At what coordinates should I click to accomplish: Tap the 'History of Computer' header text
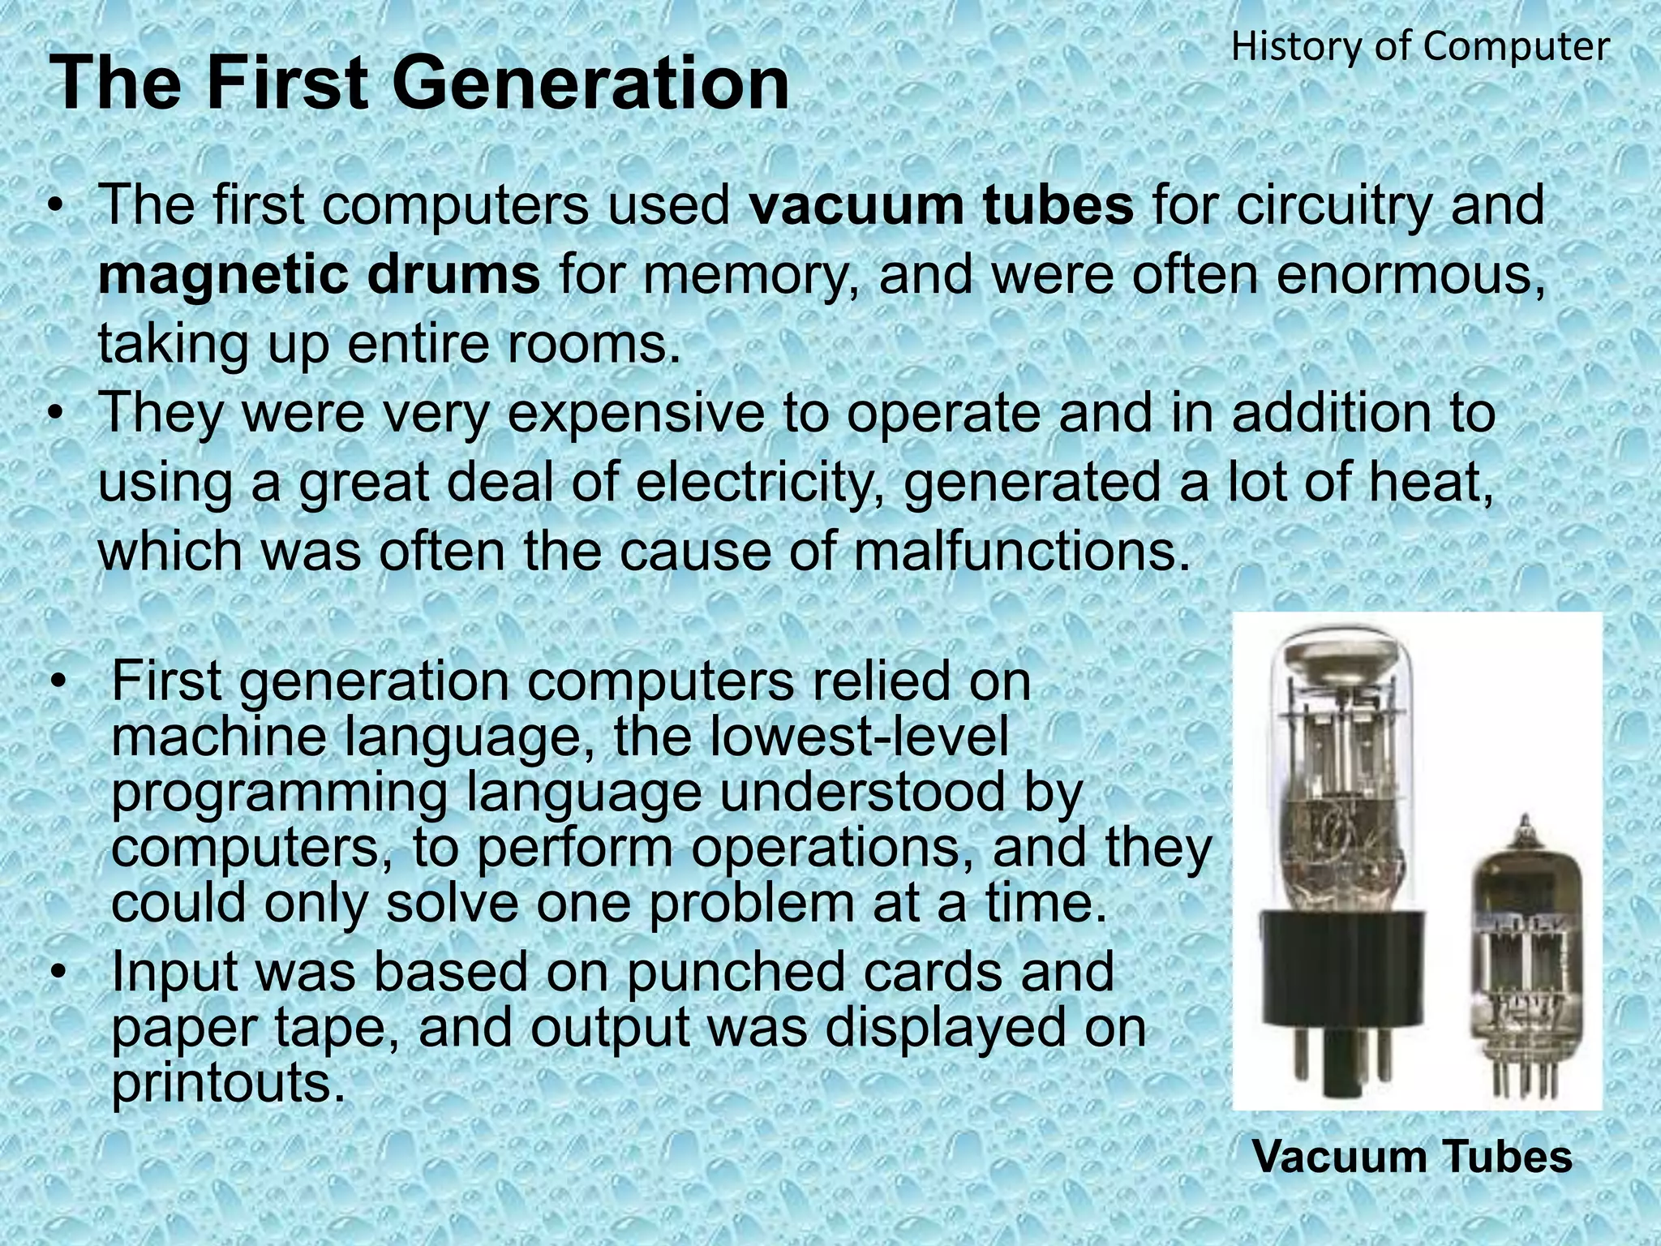[1420, 47]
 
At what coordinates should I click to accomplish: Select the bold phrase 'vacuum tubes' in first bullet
[941, 205]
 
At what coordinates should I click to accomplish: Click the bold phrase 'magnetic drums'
[319, 275]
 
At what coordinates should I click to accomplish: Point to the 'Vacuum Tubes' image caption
[1412, 1156]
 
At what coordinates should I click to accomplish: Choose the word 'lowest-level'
[811, 737]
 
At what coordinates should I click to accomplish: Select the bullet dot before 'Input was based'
[57, 973]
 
